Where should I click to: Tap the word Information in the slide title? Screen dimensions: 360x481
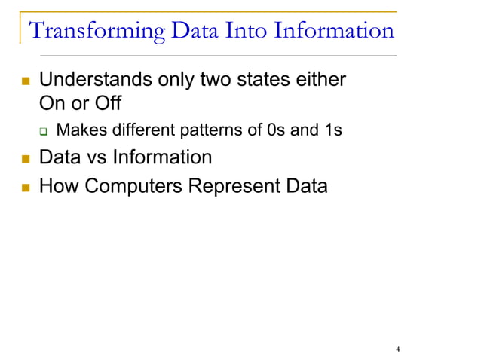click(333, 31)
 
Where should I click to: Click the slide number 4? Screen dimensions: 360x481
click(397, 349)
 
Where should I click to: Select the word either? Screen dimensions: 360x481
click(321, 79)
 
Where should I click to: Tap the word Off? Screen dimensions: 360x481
click(105, 102)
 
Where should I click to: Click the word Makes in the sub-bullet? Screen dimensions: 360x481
click(80, 130)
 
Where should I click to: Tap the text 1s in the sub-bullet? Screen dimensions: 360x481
click(332, 130)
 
